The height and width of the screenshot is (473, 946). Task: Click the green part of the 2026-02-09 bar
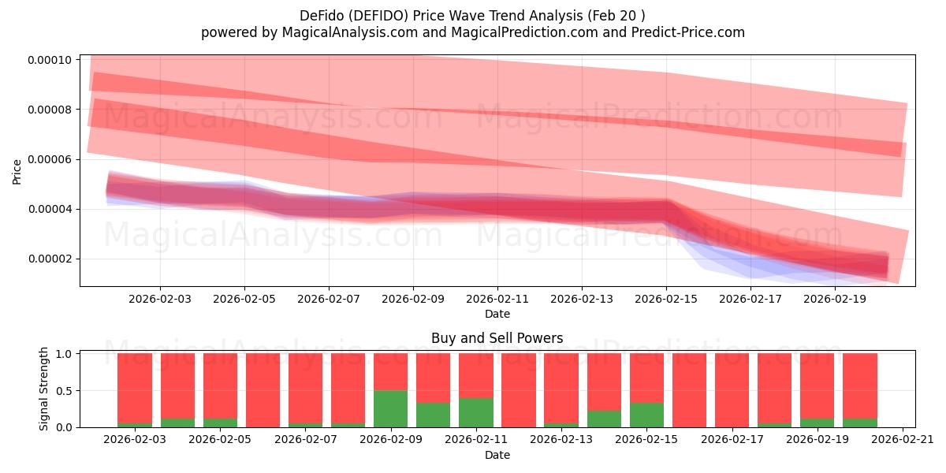tap(390, 408)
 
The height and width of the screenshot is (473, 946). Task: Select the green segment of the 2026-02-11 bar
tap(475, 412)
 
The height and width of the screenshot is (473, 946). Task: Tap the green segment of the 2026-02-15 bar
tap(646, 415)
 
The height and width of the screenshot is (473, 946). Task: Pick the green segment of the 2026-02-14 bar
tap(604, 419)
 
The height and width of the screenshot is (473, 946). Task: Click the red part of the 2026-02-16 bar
tap(689, 389)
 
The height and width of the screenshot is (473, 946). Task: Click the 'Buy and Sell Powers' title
tap(497, 338)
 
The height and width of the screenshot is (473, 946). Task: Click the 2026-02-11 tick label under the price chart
tap(497, 300)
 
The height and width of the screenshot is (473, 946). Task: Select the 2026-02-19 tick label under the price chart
tap(834, 300)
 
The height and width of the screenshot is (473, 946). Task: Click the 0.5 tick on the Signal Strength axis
tap(65, 390)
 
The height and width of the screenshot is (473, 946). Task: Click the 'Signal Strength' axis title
tap(44, 389)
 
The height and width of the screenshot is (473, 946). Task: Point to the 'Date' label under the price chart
tap(497, 314)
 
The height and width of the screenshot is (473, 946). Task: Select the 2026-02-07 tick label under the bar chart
tap(305, 440)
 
